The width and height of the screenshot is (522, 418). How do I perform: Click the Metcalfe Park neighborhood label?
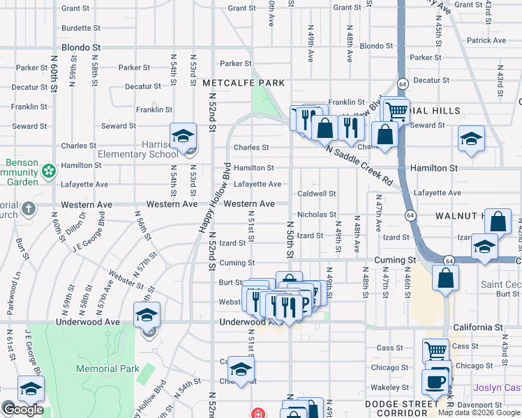click(x=244, y=83)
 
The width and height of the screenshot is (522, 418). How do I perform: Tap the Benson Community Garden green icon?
click(x=48, y=171)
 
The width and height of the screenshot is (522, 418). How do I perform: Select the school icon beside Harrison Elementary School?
click(x=183, y=135)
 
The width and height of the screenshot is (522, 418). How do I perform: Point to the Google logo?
click(x=22, y=410)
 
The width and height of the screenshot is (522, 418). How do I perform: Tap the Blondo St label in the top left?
click(x=81, y=48)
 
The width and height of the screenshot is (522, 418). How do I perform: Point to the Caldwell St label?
click(x=317, y=193)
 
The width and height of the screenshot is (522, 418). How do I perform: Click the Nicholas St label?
click(x=317, y=215)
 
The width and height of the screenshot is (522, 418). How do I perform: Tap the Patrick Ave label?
click(x=486, y=40)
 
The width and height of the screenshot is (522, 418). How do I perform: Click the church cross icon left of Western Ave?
click(x=28, y=208)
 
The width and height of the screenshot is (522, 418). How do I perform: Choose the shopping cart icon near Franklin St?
click(x=396, y=109)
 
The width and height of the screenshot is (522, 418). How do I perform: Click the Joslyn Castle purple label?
click(x=498, y=387)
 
